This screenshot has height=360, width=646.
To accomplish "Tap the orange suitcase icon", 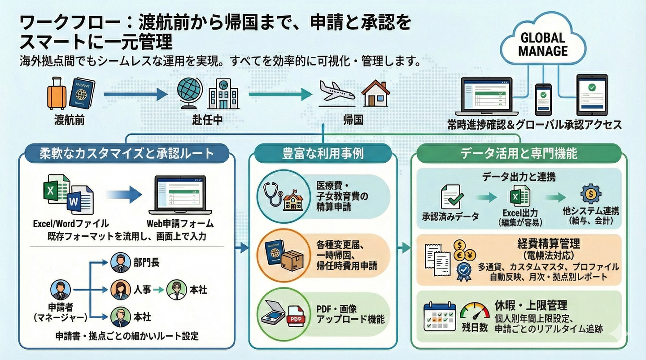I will pos(56,94).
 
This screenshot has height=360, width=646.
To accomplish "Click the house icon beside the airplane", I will pos(375,94).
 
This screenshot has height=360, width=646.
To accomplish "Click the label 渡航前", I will pos(69,120).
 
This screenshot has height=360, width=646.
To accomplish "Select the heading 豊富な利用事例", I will pos(323,154).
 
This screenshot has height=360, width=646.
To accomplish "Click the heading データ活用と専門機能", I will pos(519,154).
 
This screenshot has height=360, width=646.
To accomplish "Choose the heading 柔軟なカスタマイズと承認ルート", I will pos(127,154).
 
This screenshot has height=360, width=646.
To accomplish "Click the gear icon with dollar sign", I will pos(591,195).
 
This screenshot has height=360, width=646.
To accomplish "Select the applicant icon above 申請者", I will pos(61,290).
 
